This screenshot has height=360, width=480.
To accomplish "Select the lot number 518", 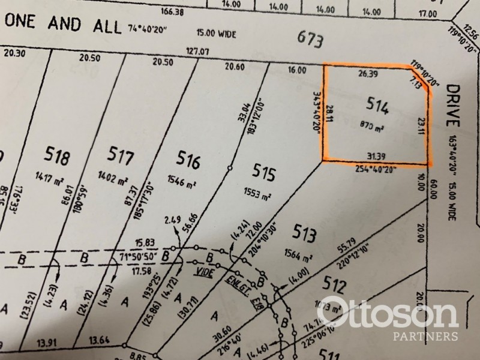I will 58,158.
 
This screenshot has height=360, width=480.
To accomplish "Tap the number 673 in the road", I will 311,41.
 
